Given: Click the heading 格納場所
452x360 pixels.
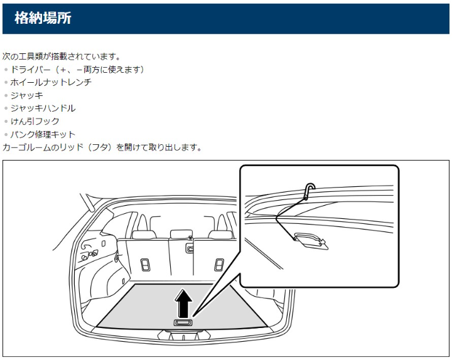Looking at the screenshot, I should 43,18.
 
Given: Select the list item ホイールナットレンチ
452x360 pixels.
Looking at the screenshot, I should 51,82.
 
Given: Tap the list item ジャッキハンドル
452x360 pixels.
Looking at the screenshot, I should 43,109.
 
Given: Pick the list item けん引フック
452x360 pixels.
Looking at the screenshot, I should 35,122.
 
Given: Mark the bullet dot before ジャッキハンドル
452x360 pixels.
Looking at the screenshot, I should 6,109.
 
